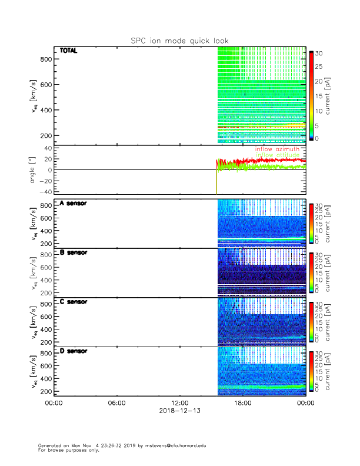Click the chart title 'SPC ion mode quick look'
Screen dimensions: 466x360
179,41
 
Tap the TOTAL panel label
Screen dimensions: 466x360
69,51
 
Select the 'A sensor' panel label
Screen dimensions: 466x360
73,204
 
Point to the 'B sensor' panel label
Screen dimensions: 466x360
73,252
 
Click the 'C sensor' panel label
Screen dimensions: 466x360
73,302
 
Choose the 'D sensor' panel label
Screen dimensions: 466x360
73,351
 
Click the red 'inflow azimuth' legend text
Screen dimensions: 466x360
277,149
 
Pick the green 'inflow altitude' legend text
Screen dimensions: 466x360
277,155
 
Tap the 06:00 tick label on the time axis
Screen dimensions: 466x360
116,403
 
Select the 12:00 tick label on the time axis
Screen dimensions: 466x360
179,403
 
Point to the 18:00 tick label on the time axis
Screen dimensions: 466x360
242,403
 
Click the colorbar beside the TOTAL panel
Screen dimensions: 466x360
311,96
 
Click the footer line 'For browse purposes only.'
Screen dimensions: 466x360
67,450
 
